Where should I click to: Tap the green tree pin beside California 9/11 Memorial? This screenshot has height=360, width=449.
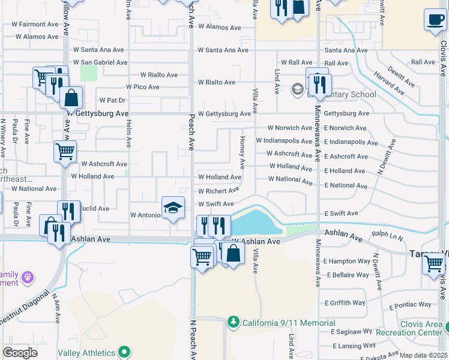point(233,323)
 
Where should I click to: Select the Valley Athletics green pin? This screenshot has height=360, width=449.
point(124,352)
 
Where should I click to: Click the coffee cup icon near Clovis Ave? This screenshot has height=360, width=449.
point(434,19)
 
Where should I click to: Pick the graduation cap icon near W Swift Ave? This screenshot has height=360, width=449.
point(173,208)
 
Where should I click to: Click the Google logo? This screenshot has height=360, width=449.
point(20,352)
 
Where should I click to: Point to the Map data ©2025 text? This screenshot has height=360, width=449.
point(423,355)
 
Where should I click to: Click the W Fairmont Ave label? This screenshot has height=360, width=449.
point(36,25)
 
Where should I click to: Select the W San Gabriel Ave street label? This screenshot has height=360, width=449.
point(100,62)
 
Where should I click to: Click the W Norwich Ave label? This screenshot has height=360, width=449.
point(291,128)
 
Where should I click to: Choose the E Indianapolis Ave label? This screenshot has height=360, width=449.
point(351,142)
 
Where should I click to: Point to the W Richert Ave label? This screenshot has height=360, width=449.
point(218,191)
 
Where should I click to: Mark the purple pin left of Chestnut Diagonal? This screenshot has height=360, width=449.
point(26,278)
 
